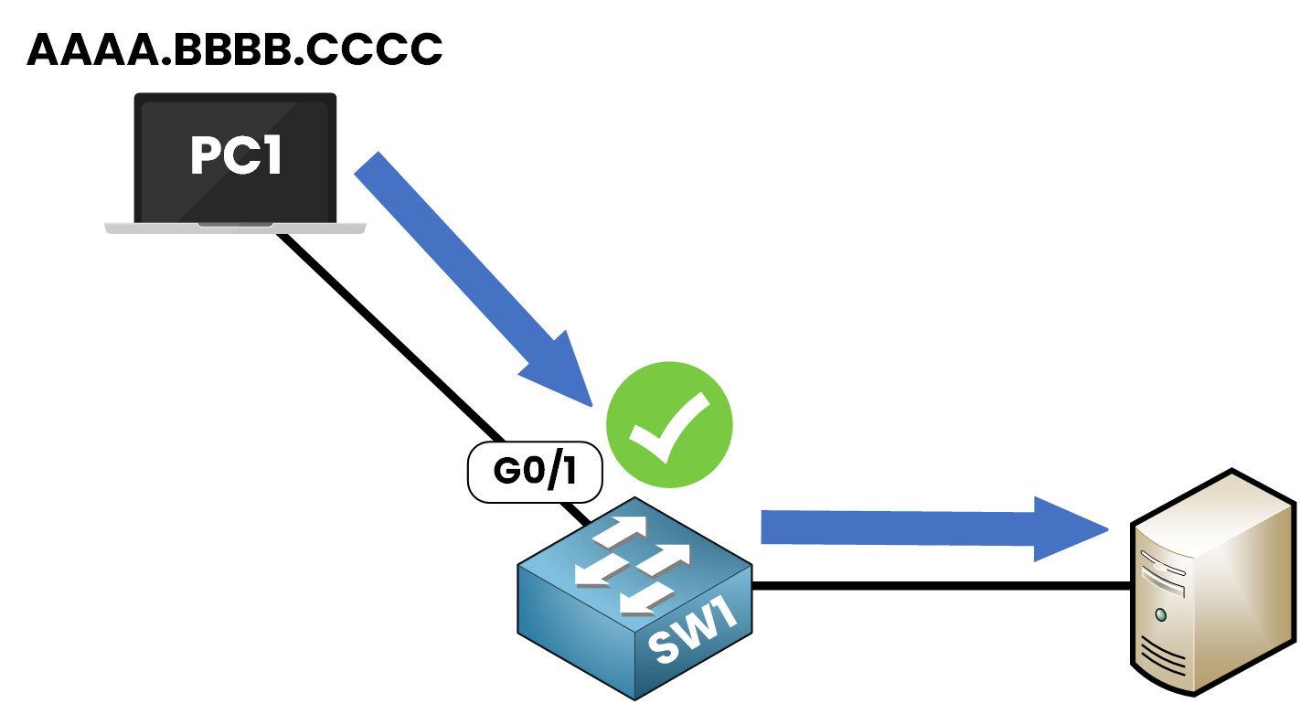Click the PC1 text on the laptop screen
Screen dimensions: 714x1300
point(236,156)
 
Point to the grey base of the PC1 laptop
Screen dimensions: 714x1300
point(235,227)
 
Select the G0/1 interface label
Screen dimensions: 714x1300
point(536,473)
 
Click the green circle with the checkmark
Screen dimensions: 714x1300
point(670,424)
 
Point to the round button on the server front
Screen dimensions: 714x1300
point(1161,613)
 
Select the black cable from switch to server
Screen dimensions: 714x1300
point(942,586)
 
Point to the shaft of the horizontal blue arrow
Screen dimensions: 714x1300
point(896,528)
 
